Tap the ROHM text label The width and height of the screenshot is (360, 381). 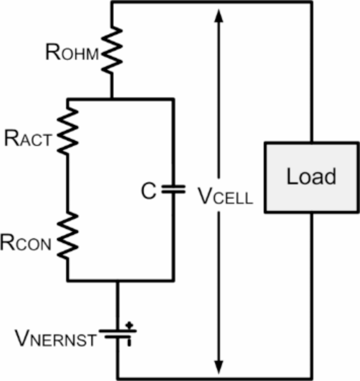[72, 52]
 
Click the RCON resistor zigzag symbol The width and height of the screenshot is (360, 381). [68, 236]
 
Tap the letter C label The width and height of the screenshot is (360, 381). [149, 192]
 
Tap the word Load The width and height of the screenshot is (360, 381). [311, 177]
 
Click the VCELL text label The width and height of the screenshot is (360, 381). [225, 196]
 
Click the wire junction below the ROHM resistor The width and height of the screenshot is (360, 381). [112, 98]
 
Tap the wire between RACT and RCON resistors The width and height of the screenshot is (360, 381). [68, 184]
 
